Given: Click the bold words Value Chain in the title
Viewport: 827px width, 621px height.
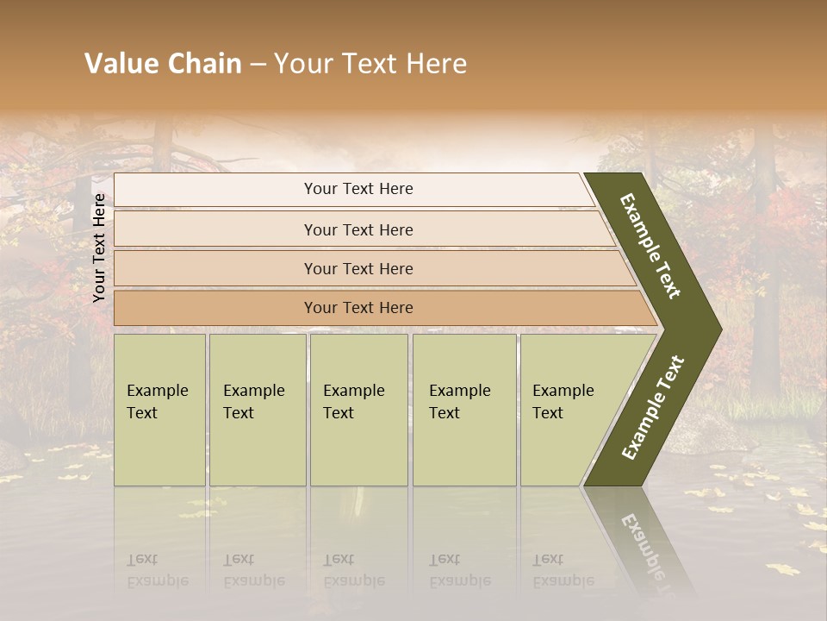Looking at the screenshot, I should pos(163,64).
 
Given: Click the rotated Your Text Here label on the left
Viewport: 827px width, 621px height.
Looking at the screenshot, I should pos(100,248).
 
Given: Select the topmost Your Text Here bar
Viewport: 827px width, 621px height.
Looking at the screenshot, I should pos(358,189).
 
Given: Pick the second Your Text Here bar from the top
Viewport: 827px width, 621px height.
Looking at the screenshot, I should pos(358,229).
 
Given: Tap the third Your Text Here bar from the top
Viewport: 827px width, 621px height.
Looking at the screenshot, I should pos(358,268).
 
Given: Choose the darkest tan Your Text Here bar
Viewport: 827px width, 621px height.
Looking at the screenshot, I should pos(358,308).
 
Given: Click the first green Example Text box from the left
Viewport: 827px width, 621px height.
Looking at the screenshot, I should pos(159,410).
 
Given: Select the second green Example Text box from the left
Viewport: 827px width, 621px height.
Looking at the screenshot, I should pos(258,410).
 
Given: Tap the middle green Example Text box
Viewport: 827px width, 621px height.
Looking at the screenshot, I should pos(358,410).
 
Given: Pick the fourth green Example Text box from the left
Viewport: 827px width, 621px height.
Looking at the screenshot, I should pos(464,410).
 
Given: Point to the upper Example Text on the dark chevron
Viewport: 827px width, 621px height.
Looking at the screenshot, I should pos(651,246).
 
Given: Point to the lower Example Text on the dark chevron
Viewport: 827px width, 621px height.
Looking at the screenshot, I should pos(653,408).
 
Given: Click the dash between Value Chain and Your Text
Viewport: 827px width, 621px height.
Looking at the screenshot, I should pos(258,64).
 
